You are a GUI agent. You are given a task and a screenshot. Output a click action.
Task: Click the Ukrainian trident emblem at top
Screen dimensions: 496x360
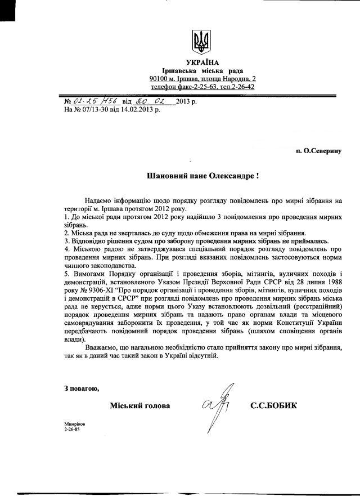pos(201,41)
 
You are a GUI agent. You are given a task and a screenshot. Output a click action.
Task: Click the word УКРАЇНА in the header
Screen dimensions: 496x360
pos(202,62)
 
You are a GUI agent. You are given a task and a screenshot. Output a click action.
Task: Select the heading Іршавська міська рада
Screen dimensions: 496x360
pos(202,70)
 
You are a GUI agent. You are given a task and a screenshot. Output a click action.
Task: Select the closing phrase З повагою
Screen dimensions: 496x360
pos(82,388)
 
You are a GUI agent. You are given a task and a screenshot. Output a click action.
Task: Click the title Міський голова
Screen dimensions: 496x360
pos(140,405)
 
